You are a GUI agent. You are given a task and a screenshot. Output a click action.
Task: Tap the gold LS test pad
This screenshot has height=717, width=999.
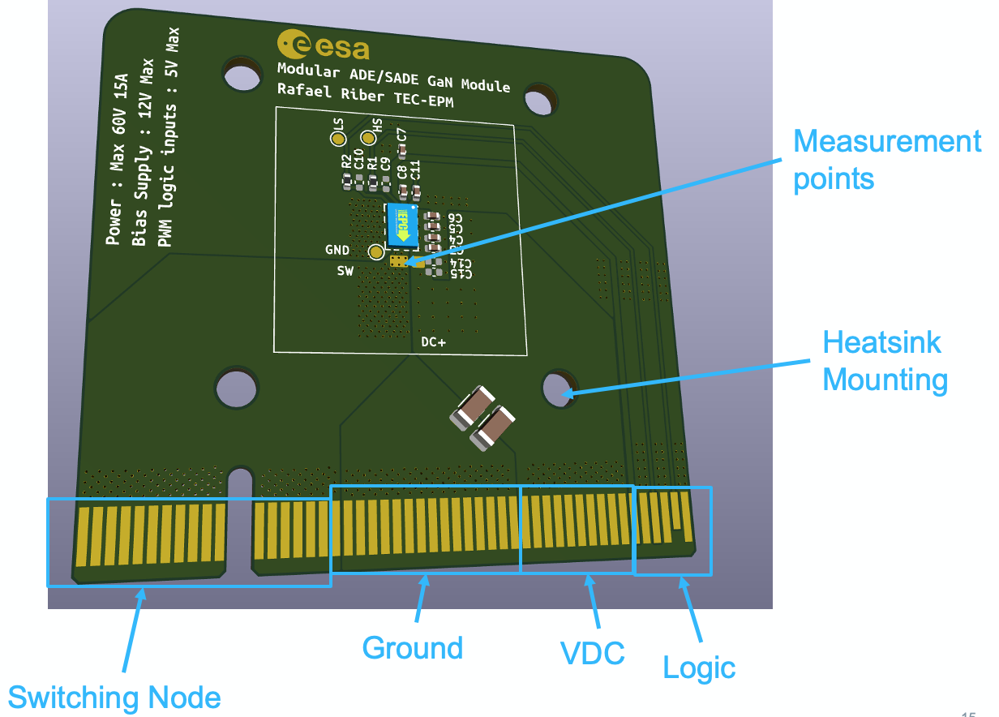point(337,140)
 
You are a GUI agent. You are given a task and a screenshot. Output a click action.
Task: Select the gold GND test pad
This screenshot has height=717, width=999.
point(375,252)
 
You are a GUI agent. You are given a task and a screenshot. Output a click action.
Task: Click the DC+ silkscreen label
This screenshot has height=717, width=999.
point(433,342)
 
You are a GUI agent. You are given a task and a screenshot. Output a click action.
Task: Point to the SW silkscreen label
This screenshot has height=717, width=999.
point(345,272)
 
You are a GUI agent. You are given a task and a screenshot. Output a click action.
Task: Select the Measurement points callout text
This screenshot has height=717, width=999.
point(886,160)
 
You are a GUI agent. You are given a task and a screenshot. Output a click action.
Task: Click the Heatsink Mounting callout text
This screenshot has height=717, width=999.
point(885,361)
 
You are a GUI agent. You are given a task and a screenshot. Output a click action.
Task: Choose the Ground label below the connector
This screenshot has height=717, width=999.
point(412,648)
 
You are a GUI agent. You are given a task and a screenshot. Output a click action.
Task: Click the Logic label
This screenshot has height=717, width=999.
point(699,668)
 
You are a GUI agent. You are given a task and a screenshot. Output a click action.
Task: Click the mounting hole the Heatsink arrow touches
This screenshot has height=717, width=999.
point(556,388)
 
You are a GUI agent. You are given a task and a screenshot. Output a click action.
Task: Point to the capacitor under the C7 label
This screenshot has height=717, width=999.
point(401,150)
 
